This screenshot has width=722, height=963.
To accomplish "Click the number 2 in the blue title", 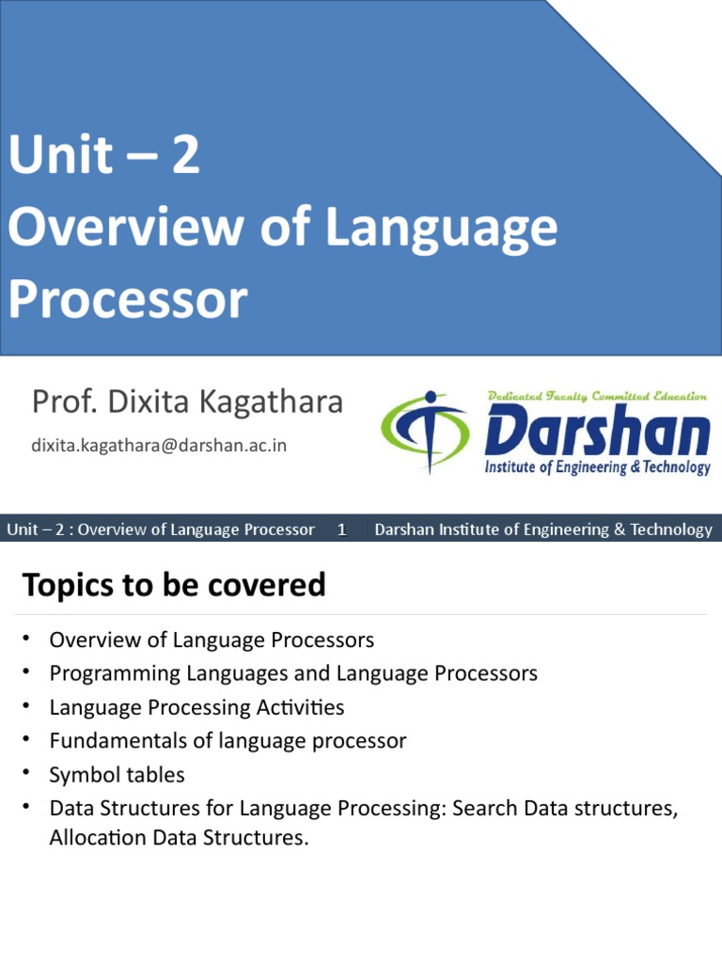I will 185,156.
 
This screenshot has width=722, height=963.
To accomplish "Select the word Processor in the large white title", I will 128,300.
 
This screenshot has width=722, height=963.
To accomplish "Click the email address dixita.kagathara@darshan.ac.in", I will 159,445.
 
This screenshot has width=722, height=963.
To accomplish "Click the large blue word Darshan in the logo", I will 598,433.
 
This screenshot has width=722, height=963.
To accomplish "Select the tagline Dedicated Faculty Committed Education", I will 598,396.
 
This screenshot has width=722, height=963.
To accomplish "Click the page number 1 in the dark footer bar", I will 342,529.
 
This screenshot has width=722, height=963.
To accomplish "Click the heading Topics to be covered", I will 174,585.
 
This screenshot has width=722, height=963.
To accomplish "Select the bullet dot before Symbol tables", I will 28,774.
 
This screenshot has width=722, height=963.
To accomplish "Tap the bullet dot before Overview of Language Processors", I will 28,639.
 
